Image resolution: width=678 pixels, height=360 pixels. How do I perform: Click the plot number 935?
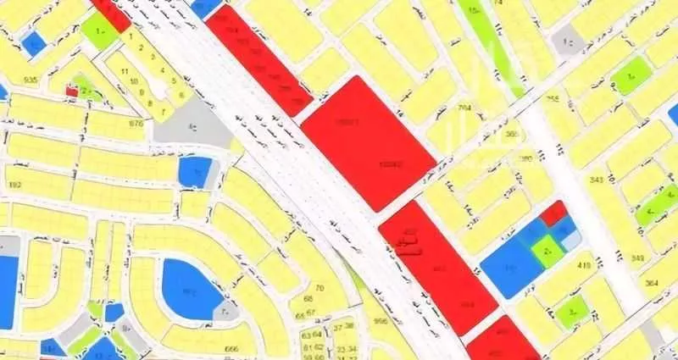[31, 80]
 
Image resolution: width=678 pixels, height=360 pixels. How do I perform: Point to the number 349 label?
[637, 258]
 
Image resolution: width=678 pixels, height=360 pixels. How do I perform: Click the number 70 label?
[320, 288]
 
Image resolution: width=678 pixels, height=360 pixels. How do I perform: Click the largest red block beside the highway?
[368, 142]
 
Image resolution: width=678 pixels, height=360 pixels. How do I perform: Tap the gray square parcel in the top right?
[567, 41]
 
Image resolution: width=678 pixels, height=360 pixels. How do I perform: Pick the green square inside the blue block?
[547, 250]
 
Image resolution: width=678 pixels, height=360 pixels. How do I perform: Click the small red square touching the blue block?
[554, 213]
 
